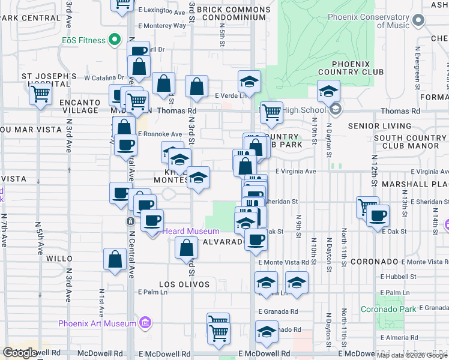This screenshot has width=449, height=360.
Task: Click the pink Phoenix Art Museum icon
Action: pyautogui.click(x=144, y=323)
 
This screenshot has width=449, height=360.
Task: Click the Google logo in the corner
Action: pyautogui.click(x=19, y=353)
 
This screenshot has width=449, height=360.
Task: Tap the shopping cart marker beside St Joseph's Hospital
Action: pyautogui.click(x=40, y=94)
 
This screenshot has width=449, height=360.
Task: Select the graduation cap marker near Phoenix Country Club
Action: pyautogui.click(x=328, y=92)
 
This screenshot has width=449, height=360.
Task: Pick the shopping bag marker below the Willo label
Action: pyautogui.click(x=115, y=260)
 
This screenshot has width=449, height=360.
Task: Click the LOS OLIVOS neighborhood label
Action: pyautogui.click(x=184, y=284)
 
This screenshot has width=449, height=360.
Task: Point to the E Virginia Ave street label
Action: pyautogui.click(x=295, y=171)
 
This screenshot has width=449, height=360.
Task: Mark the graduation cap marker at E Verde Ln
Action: pyautogui.click(x=250, y=81)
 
